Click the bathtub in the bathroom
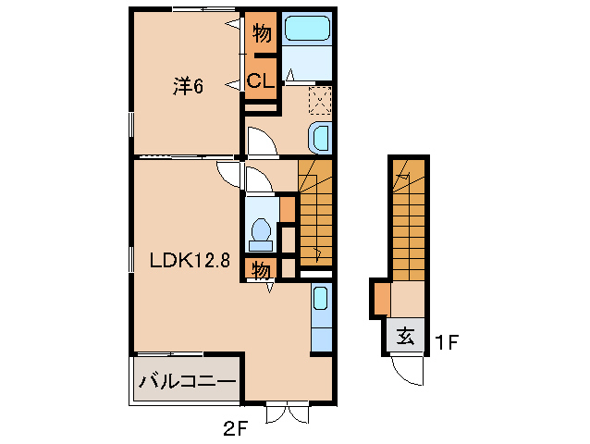pos(307,29)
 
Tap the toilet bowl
pos(261,229)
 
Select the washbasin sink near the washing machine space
pos(320,137)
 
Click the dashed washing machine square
pos(320,101)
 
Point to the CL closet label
pos(261,80)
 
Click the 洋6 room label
pos(188,86)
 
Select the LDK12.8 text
pos(190,260)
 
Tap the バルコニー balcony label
pos(187,381)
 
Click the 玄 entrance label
pos(406,335)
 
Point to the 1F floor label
pos(446,342)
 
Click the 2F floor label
pos(235,428)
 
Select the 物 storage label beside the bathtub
pos(262,32)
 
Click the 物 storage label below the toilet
pos(261,270)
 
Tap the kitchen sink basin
pos(321,299)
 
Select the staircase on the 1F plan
pos(409,220)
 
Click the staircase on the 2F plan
pos(315,214)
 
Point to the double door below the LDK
pos(287,413)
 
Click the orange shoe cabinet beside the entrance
pos(382,298)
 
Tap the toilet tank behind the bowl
pos(261,246)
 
